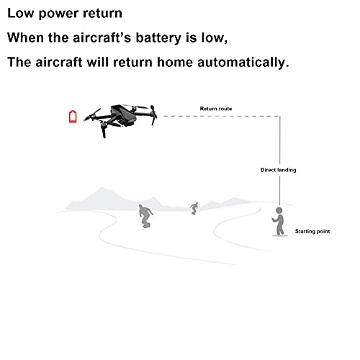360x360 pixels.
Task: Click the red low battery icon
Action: pos(73,117)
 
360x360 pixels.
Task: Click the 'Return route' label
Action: pos(216,109)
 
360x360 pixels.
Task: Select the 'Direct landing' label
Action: pos(279,170)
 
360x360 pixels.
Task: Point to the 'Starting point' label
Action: pos(312,231)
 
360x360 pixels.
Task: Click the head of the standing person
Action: pos(279,210)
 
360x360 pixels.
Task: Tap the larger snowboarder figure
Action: pos(145,216)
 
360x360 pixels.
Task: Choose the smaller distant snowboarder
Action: pos(194,208)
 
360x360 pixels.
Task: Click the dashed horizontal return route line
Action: pos(221,116)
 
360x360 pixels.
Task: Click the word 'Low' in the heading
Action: pos(20,13)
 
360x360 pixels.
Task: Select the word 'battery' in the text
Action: pos(158,38)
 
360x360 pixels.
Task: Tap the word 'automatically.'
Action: pos(243,62)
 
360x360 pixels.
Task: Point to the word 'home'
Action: pos(175,62)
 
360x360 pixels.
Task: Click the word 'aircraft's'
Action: pos(102,37)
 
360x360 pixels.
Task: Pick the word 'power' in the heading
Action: pos(58,14)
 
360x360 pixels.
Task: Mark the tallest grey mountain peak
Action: pos(102,188)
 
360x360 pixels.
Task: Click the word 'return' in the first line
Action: pos(102,14)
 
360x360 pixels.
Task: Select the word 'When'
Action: pos(25,37)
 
